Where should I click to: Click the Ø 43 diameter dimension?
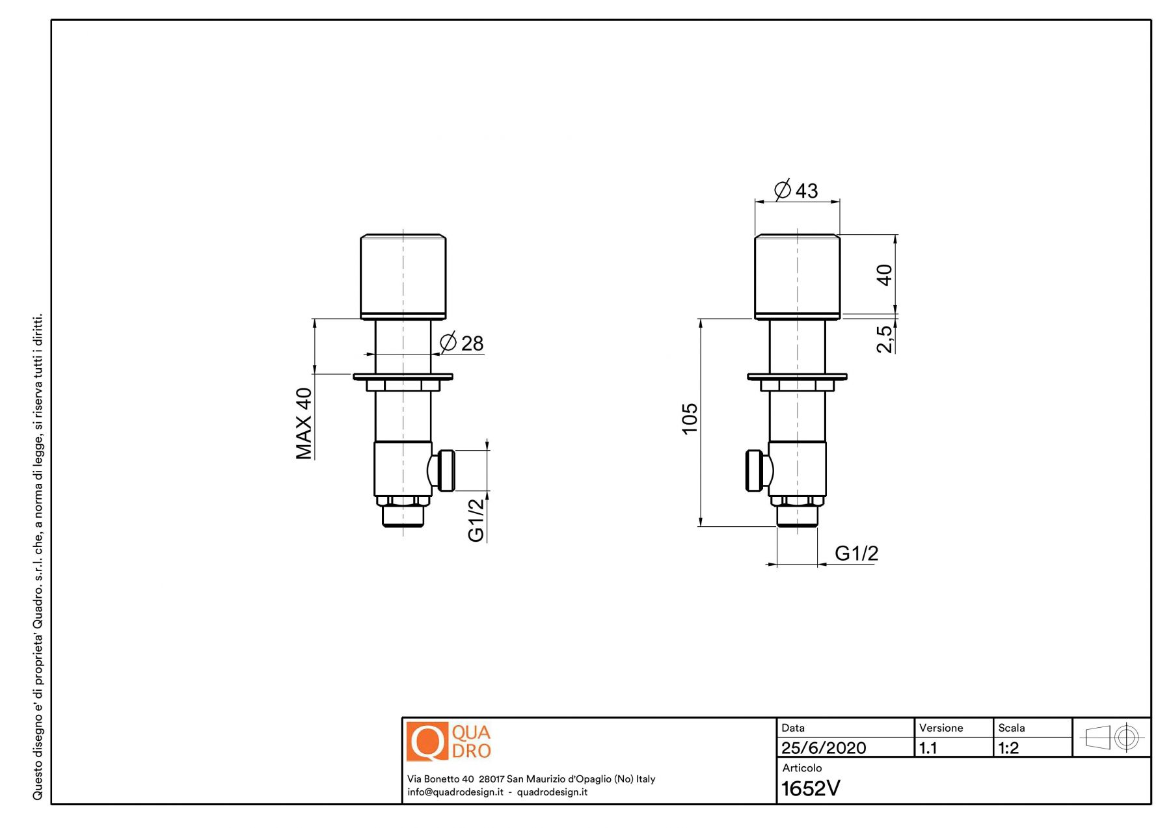click(796, 190)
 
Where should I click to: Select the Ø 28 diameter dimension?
click(462, 342)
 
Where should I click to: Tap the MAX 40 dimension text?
click(304, 423)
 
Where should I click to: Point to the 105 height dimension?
click(690, 418)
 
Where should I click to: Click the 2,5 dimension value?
click(885, 338)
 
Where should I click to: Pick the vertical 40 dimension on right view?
click(884, 274)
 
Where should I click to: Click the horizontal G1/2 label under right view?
click(856, 553)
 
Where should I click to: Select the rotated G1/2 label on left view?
click(476, 520)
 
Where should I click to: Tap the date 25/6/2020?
click(824, 748)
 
